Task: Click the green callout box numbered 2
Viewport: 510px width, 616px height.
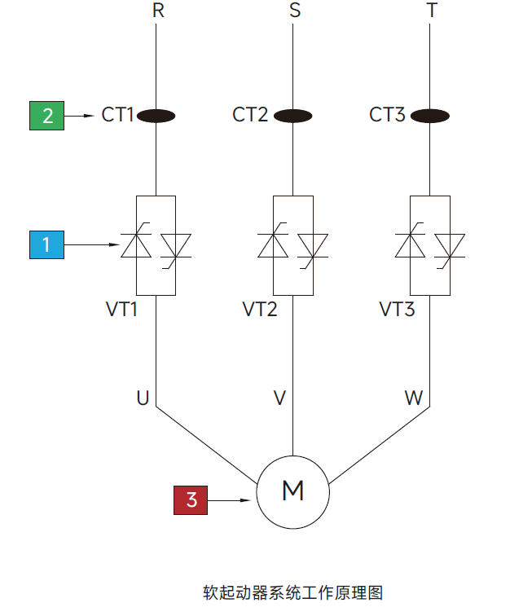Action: click(x=47, y=116)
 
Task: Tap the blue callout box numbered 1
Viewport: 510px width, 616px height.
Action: click(x=47, y=244)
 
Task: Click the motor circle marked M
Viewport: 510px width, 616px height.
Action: click(x=292, y=491)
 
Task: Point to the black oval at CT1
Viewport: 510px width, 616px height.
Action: click(x=156, y=116)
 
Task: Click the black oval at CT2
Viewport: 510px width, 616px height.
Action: click(x=292, y=116)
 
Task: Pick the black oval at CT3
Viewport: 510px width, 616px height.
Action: click(x=429, y=116)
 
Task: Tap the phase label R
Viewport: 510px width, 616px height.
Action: click(x=158, y=11)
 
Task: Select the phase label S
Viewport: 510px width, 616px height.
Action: click(x=295, y=11)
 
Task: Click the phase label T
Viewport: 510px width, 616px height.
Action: click(x=432, y=11)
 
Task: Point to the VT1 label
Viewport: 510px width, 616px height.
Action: click(x=123, y=310)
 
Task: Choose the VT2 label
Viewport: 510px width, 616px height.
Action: click(x=260, y=310)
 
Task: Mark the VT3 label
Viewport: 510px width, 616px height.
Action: click(x=397, y=310)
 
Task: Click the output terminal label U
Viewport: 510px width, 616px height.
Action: click(x=143, y=398)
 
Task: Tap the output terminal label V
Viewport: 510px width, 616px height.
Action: click(x=279, y=398)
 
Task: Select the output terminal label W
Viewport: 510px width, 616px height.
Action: click(x=414, y=398)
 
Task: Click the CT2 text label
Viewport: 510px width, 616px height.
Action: click(x=250, y=115)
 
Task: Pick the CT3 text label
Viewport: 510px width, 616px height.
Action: click(x=387, y=115)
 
